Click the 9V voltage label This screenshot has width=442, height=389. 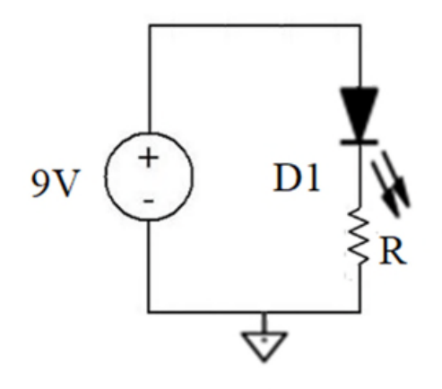coord(56,183)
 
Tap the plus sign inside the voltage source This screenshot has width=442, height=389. coord(149,158)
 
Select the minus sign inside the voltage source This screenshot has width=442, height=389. coord(149,202)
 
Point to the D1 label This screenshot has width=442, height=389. coord(297,178)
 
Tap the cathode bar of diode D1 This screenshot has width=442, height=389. coord(360,142)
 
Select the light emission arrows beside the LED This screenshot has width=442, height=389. coord(391,183)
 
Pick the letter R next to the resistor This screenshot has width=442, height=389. coord(393,251)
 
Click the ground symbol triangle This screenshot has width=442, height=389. coord(264,347)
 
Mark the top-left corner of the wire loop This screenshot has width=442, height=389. coord(149,25)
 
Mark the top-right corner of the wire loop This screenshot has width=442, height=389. coord(360,25)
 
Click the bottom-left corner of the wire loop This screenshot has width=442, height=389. coord(149,312)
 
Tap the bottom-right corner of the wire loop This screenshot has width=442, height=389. coord(360,312)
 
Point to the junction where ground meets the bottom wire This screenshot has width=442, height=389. coord(264,312)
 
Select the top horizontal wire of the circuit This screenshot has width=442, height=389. coord(255,25)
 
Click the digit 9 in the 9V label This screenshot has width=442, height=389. coord(40,183)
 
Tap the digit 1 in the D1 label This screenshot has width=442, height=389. coord(314,178)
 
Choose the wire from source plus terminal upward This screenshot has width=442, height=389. coord(149,79)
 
